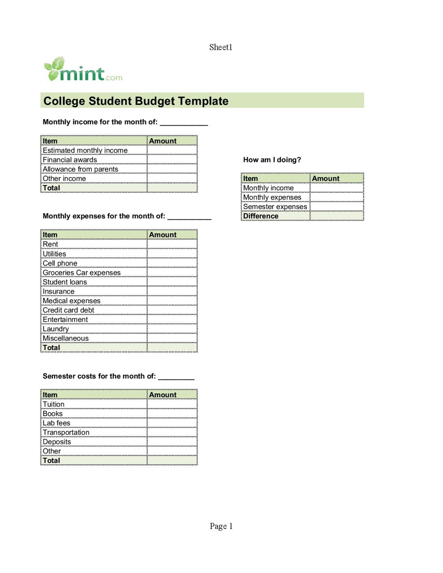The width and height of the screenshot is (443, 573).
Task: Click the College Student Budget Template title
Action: [x=136, y=101]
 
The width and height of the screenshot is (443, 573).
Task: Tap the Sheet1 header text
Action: [x=220, y=47]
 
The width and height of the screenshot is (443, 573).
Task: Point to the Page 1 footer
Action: [x=221, y=526]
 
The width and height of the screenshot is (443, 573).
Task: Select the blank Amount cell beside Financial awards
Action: [x=172, y=160]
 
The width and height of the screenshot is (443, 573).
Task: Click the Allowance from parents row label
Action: [x=80, y=169]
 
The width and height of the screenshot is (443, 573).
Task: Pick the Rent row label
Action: [x=51, y=244]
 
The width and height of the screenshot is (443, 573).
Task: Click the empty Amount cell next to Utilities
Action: [x=172, y=254]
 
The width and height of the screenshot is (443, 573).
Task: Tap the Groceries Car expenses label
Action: [x=82, y=273]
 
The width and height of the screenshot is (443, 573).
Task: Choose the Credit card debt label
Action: [x=69, y=310]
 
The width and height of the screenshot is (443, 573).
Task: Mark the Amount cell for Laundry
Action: [x=172, y=329]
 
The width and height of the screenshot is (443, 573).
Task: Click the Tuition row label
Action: [x=54, y=404]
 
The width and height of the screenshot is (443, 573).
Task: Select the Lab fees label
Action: [x=56, y=423]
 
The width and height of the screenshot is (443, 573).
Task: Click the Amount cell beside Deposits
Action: [x=172, y=442]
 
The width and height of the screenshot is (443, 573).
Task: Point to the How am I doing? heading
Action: [x=272, y=160]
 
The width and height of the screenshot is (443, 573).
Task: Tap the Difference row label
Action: [x=261, y=216]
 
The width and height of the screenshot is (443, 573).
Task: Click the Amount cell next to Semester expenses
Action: [x=336, y=207]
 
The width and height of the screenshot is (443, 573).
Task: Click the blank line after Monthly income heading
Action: [x=184, y=123]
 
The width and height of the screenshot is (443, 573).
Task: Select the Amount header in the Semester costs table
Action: [x=163, y=395]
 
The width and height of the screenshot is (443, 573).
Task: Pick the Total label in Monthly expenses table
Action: [x=52, y=348]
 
